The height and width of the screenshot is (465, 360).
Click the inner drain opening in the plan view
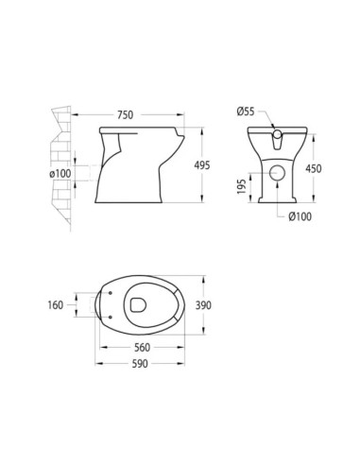point(138,305)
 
